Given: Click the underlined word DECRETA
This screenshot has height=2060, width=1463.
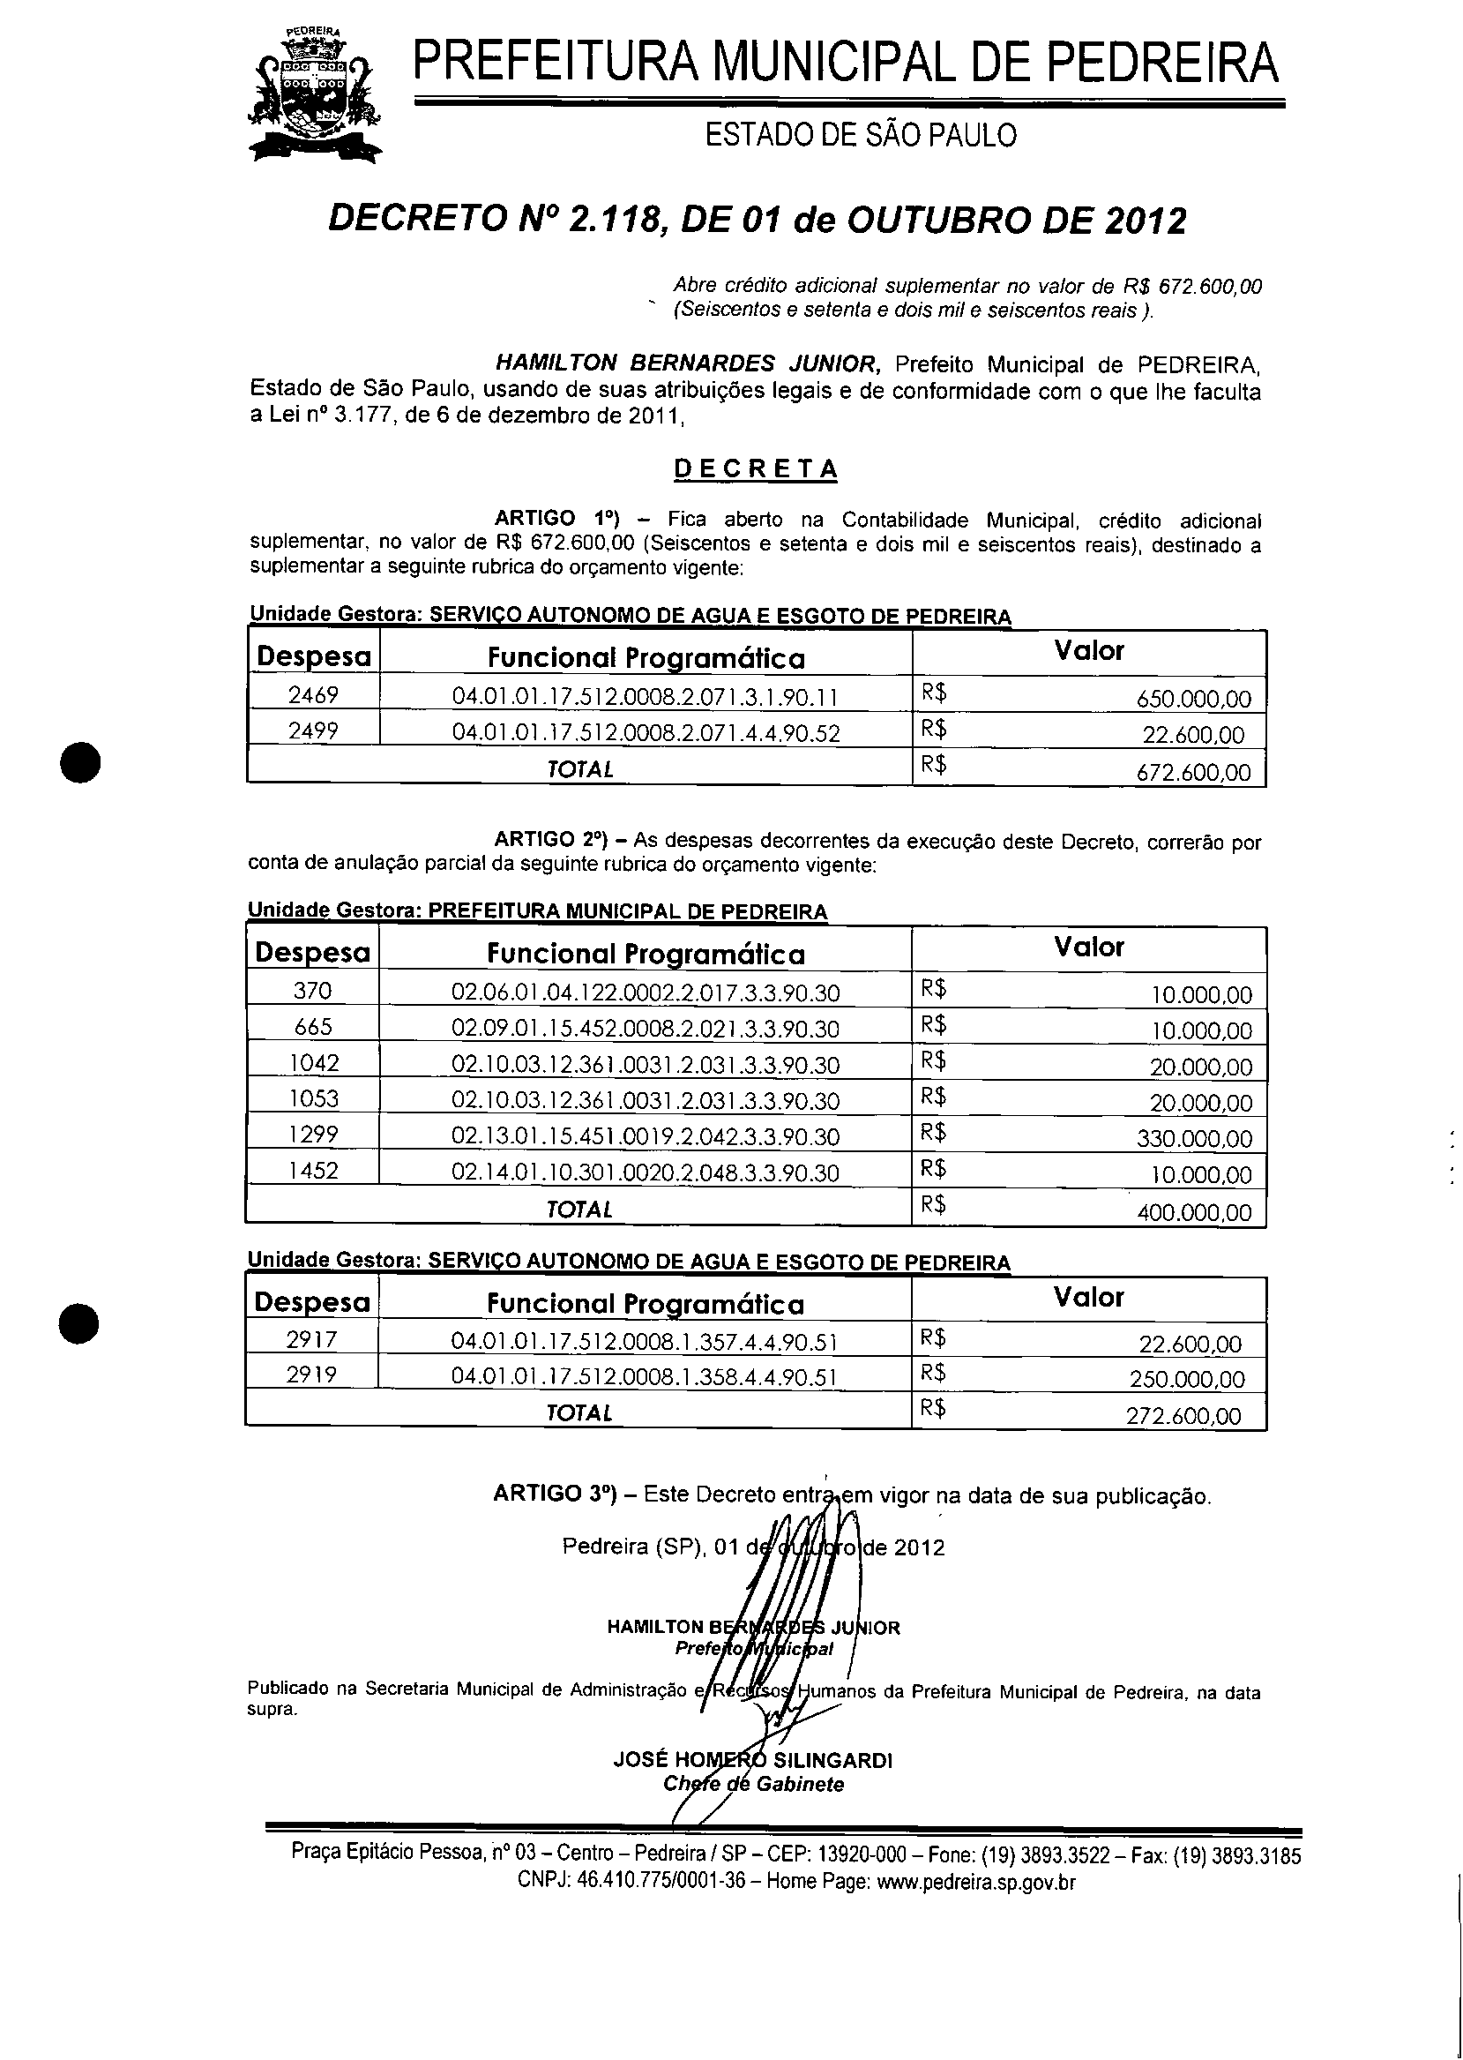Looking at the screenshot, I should pyautogui.click(x=756, y=468).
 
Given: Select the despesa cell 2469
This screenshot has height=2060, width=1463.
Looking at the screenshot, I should pyautogui.click(x=314, y=695).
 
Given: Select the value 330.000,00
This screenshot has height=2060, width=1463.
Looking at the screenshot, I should pyautogui.click(x=1195, y=1139).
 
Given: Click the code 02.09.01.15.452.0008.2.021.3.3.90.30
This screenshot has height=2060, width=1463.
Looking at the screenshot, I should pyautogui.click(x=645, y=1029).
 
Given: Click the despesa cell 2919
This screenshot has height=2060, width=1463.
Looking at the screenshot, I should pyautogui.click(x=311, y=1375).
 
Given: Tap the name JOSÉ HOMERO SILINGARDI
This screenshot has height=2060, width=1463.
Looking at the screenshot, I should pyautogui.click(x=752, y=1760).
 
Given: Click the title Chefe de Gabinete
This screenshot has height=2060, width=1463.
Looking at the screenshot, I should pyautogui.click(x=753, y=1784).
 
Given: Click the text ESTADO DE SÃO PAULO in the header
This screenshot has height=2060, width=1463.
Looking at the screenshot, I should pyautogui.click(x=861, y=135).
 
